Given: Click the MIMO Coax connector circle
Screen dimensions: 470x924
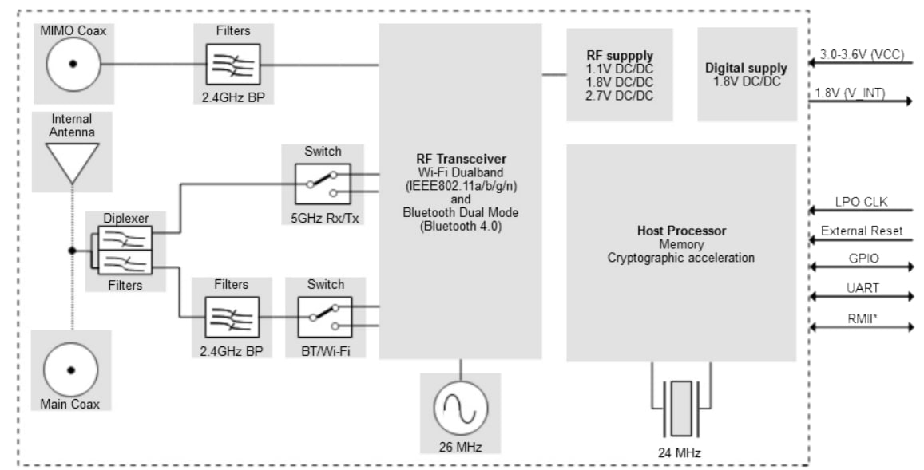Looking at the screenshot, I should coord(73,65).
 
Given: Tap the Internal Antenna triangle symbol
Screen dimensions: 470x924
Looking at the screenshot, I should coord(72,162).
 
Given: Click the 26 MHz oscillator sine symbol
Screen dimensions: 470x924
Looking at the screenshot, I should coord(460,409).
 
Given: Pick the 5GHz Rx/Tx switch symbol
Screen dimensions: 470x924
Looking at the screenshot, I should coord(322,183).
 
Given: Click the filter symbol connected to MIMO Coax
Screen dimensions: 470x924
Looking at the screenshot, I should coord(232,65).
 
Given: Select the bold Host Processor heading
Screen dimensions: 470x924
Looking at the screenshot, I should coord(680,230).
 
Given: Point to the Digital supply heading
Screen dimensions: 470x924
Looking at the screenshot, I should coord(746,69).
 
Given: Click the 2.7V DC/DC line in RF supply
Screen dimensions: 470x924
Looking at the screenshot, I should coord(620,96).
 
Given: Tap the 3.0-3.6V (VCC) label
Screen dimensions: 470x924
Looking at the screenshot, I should coord(861,55).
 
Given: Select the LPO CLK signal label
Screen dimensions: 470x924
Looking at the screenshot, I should coord(861,202).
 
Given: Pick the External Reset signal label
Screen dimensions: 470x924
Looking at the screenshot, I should coord(861,231).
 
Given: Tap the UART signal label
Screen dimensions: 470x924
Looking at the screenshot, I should coord(861,288).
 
